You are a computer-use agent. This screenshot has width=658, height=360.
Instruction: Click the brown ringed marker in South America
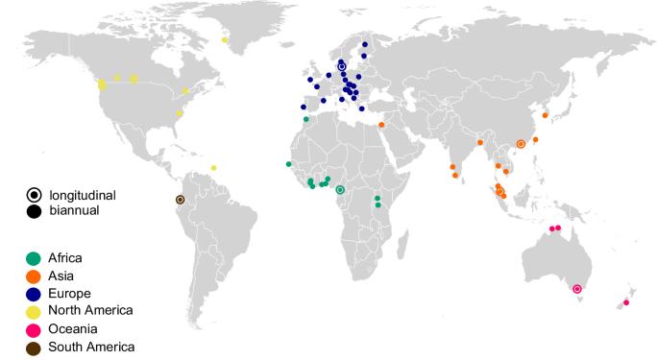pos(180,199)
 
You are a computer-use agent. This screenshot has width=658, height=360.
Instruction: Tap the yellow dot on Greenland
pos(224,40)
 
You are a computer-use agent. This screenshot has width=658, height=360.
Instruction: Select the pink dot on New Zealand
pos(626,303)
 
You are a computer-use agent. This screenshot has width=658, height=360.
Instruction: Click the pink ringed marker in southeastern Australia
pos(577,289)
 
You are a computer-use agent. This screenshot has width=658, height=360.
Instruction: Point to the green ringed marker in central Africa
pos(340,190)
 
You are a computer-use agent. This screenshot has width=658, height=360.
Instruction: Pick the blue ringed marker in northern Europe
pos(341,66)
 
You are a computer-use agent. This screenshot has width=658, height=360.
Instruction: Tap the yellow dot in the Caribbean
pos(213,168)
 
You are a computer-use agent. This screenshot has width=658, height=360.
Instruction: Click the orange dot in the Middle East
pos(381,125)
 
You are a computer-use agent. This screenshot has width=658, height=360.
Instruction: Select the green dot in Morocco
pos(306,119)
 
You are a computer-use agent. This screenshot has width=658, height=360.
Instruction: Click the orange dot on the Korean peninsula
pos(546,116)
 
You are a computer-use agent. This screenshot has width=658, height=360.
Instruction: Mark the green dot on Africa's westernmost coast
pos(288,164)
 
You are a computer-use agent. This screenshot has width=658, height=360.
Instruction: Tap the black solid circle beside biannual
pos(35,210)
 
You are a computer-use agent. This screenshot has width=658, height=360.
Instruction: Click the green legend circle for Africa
pos(35,258)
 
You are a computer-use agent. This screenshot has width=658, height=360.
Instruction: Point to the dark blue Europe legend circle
pos(35,294)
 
